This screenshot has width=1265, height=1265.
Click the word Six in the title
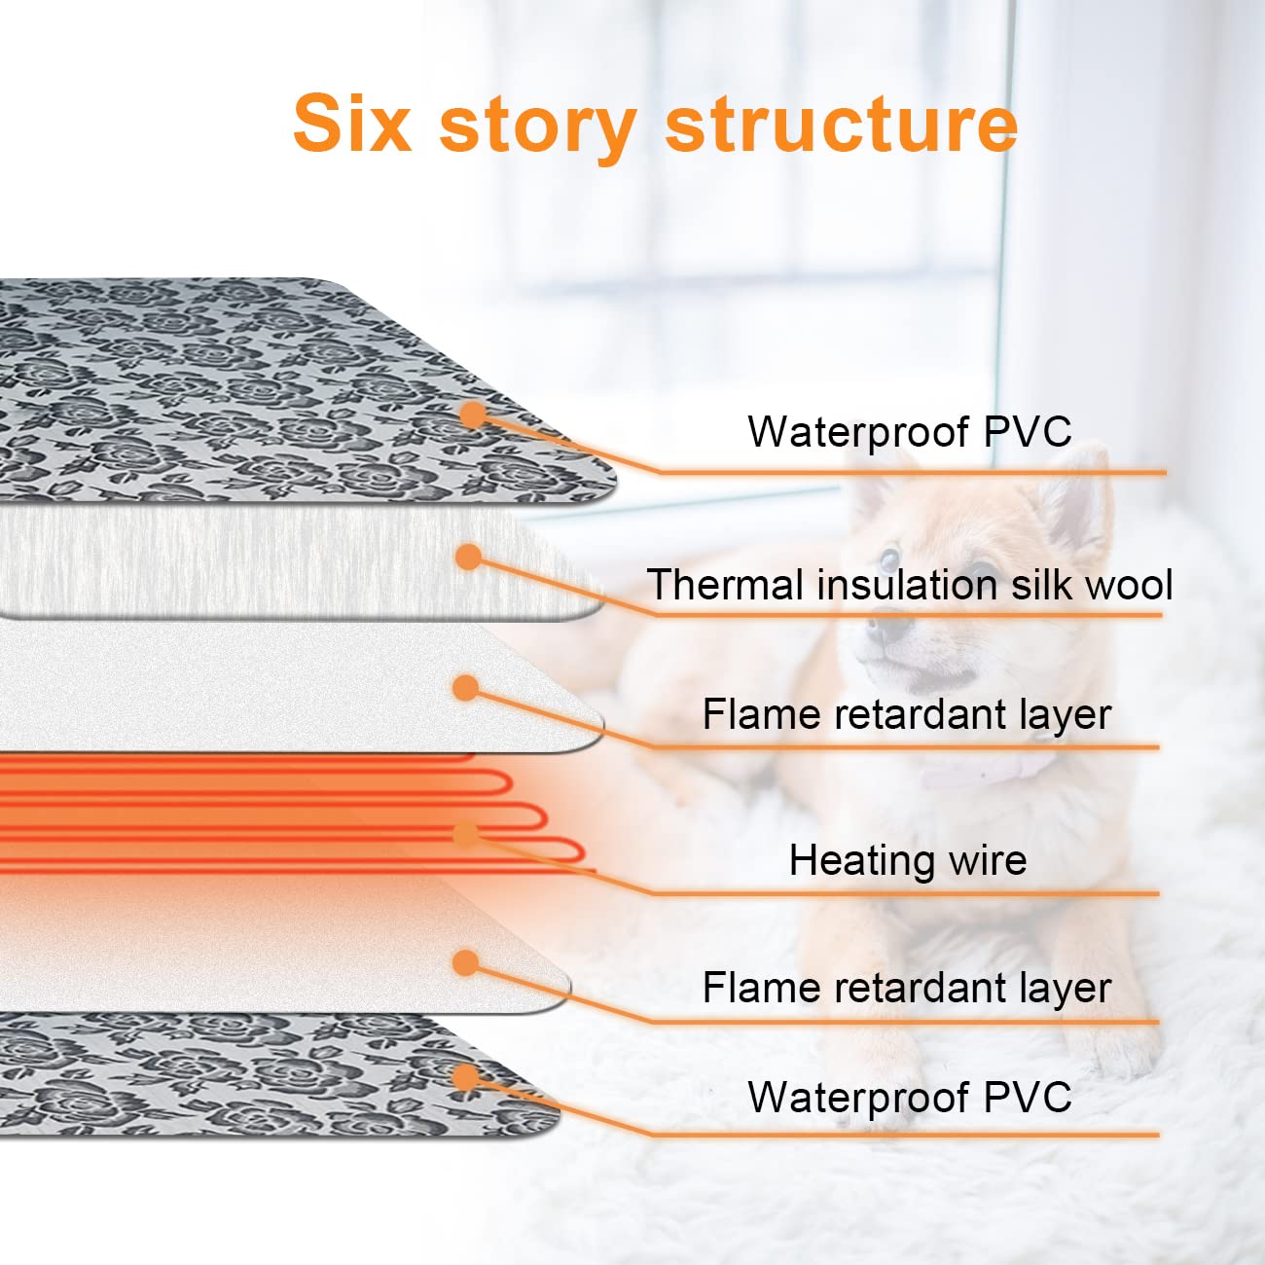[x=352, y=124]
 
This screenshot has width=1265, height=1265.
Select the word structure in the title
[x=842, y=124]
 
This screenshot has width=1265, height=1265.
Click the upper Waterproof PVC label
[x=909, y=432]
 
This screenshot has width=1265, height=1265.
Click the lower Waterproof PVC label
[x=909, y=1098]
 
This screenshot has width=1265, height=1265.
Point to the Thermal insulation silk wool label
[x=909, y=586]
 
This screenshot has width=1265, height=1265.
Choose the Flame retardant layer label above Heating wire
[x=906, y=715]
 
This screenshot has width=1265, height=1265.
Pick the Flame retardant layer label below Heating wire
[x=906, y=989]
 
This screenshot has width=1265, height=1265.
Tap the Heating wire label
[x=907, y=860]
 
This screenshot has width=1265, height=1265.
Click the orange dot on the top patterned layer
[x=473, y=415]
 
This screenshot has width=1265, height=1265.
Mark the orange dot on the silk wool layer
[x=469, y=557]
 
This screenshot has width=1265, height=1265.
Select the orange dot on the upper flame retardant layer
[x=466, y=688]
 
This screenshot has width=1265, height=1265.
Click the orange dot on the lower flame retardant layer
[x=466, y=963]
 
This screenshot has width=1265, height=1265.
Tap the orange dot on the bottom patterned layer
[x=466, y=1077]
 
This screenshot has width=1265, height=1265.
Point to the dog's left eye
[x=888, y=560]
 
